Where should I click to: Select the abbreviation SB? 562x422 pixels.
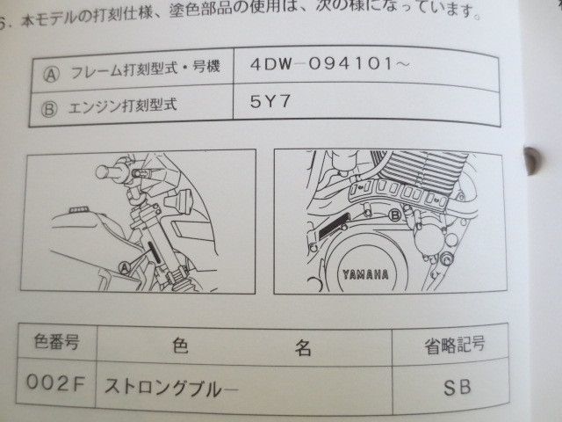(457, 384)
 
